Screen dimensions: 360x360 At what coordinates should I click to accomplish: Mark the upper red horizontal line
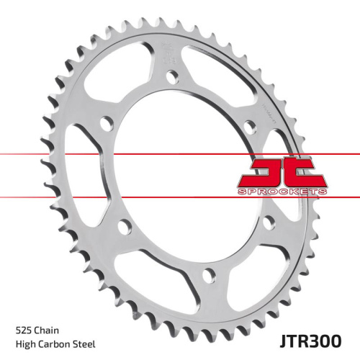click(x=108, y=154)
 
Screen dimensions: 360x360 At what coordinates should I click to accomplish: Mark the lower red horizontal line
click(x=108, y=197)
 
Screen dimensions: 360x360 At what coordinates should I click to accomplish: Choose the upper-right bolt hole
click(x=250, y=127)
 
